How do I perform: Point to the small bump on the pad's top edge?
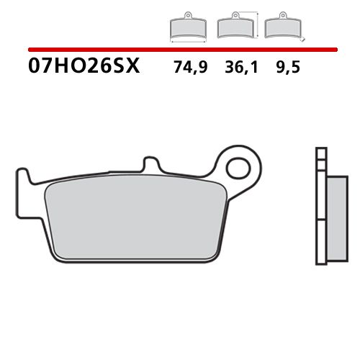(x=150, y=164)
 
